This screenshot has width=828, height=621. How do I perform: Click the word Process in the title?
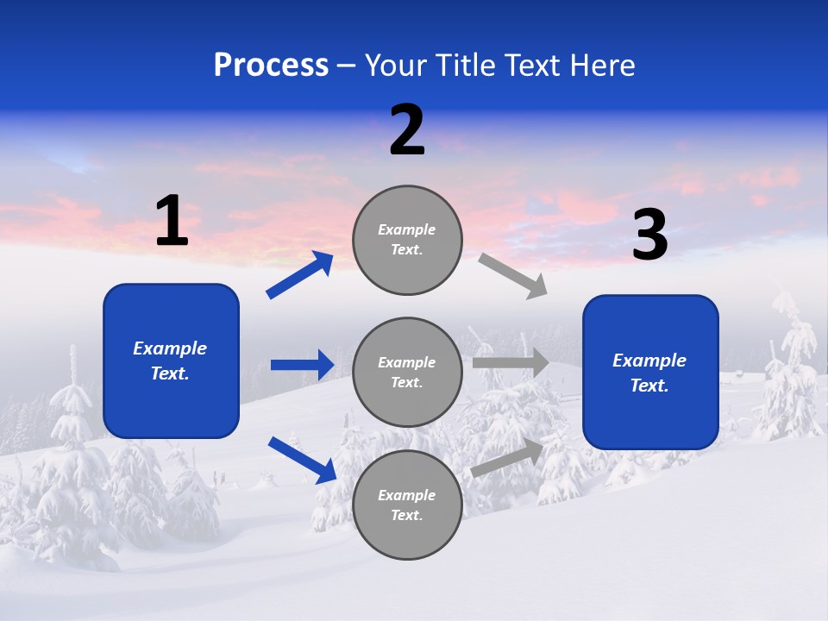click(271, 66)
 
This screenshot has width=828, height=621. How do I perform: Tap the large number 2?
click(407, 130)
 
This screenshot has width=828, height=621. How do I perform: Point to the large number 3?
click(649, 235)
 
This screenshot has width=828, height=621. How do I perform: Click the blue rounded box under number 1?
click(171, 361)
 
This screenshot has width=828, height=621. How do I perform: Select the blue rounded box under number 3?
click(650, 373)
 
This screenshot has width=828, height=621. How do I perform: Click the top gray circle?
click(407, 240)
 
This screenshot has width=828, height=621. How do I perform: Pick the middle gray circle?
click(407, 373)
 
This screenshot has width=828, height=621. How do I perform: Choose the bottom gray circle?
click(407, 505)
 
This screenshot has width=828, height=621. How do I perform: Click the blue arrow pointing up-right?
click(300, 275)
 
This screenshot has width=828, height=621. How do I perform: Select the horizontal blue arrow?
click(302, 365)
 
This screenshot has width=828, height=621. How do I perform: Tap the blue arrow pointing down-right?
click(302, 460)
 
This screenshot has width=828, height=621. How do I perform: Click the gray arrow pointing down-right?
click(512, 276)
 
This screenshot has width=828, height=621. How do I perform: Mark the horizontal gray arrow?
click(511, 362)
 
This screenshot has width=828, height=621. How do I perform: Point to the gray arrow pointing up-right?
click(507, 458)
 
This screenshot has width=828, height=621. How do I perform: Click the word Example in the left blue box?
click(170, 348)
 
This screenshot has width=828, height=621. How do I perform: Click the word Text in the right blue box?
click(649, 386)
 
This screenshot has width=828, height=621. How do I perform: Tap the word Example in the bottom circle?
click(406, 495)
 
